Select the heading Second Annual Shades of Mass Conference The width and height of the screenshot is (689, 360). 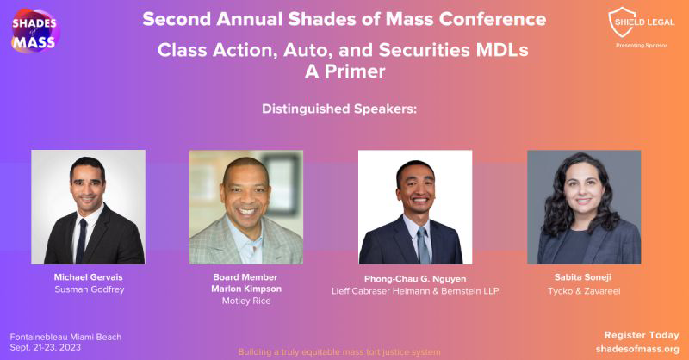[344, 18]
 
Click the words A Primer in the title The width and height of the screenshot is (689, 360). [344, 72]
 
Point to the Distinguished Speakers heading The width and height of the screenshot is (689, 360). [344, 109]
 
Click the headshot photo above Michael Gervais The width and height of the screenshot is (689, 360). [89, 207]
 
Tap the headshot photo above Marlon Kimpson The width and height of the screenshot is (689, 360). [246, 207]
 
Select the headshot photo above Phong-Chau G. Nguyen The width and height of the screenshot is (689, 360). [415, 207]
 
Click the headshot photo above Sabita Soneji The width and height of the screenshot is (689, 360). [584, 207]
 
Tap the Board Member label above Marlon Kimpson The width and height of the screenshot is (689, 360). [246, 276]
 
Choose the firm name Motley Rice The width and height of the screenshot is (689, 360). [246, 301]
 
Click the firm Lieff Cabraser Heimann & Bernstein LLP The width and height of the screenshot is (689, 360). [415, 291]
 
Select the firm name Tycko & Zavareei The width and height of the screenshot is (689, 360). [584, 291]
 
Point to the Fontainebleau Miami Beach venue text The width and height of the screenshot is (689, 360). [65, 337]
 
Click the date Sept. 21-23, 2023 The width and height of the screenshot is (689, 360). [47, 349]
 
